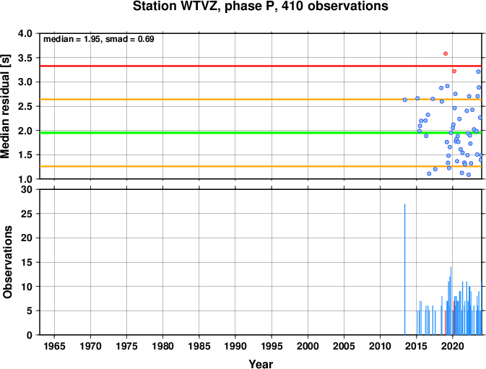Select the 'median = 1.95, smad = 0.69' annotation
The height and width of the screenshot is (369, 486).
[98, 39]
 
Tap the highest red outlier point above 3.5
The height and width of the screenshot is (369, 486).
[446, 53]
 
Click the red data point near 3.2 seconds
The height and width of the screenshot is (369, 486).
[454, 71]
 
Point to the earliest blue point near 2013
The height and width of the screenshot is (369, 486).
[405, 100]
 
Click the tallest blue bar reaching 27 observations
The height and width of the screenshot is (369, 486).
[405, 269]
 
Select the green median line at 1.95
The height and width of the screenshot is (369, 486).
[261, 133]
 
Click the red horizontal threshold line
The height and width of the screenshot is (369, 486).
[261, 66]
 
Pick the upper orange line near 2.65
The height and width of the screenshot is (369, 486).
[261, 100]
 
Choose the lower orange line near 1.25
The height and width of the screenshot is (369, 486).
[261, 166]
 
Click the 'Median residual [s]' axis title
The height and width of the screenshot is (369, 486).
[6, 106]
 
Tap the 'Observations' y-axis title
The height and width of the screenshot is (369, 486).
[7, 262]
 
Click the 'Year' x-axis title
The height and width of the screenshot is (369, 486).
[261, 364]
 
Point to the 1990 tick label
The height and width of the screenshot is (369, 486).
[235, 346]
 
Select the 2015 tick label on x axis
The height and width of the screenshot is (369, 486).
[416, 346]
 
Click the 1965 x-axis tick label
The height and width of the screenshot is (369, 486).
[55, 346]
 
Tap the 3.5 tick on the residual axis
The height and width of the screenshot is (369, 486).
[25, 58]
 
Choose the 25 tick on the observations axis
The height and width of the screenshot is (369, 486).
[26, 214]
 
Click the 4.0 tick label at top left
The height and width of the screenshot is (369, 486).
[25, 33]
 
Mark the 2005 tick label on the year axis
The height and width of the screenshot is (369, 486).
[344, 346]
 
